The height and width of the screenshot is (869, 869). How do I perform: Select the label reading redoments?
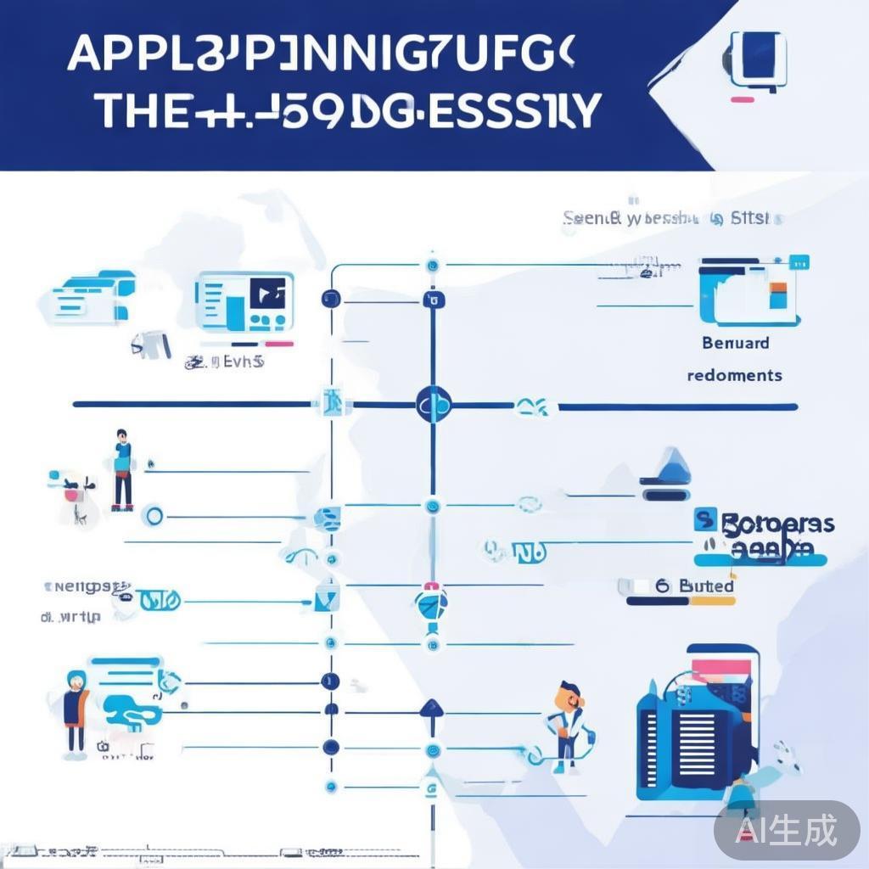(734, 374)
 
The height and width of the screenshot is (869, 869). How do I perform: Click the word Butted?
(707, 586)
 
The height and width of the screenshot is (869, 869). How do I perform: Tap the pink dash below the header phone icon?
(743, 100)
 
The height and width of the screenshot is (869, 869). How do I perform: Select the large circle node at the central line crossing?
(433, 405)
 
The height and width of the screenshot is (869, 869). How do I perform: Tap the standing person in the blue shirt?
(123, 468)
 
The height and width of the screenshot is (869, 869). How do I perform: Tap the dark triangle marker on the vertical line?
(431, 707)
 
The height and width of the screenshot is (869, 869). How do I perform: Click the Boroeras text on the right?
(776, 524)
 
